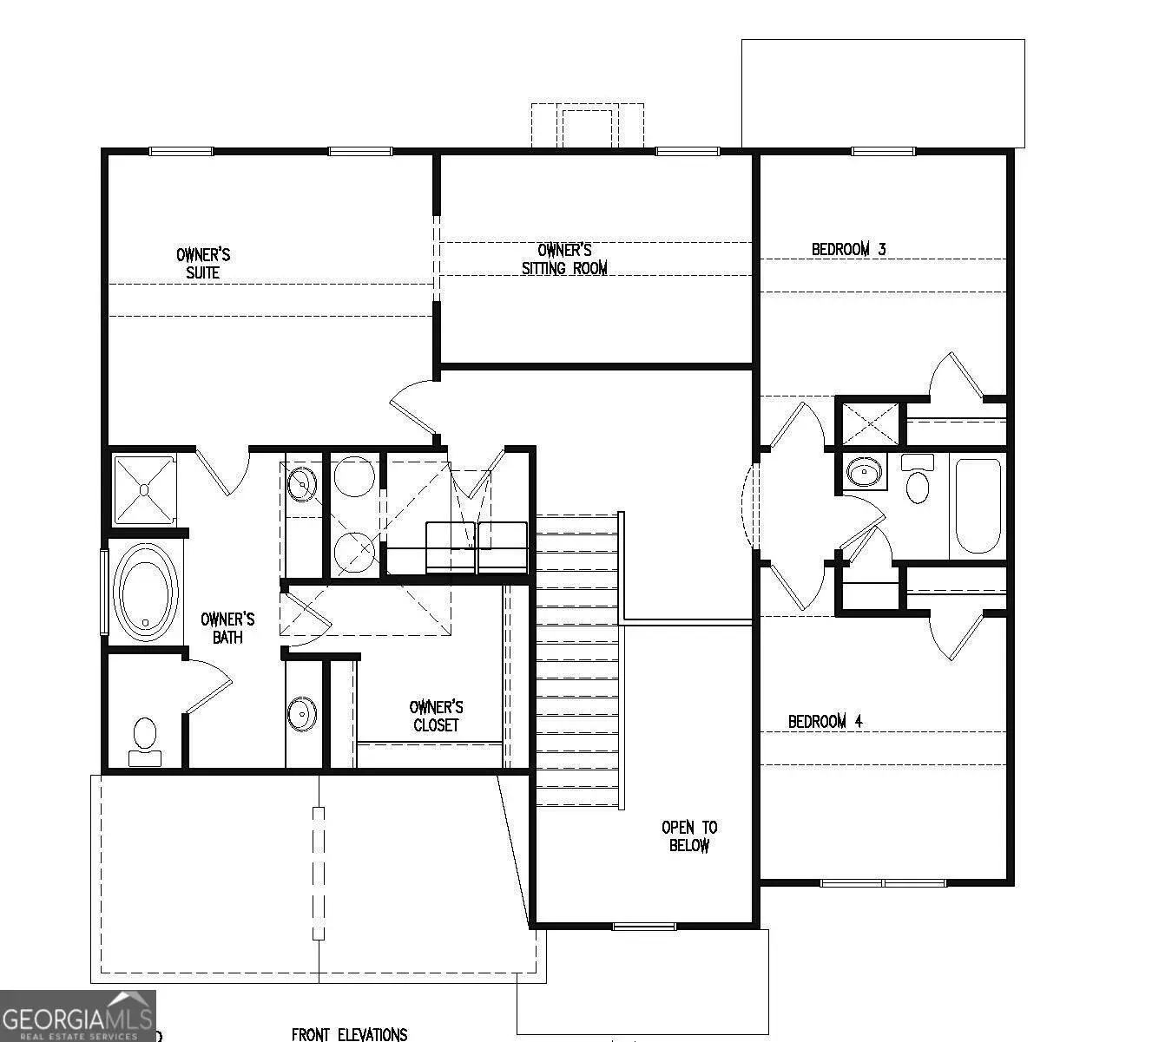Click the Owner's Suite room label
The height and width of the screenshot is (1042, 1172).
coord(203,264)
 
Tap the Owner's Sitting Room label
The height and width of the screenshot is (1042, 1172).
coord(564,259)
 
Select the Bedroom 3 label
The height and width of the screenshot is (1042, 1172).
coord(849,249)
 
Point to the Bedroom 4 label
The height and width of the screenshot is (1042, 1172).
coord(826,721)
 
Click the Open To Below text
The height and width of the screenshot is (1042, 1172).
coord(689,836)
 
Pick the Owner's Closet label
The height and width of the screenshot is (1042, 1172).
coord(436,716)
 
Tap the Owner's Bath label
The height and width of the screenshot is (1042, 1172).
coord(227,628)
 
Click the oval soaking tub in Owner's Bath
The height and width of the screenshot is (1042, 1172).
coord(145,592)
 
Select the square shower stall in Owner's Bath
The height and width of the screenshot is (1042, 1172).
coord(144,490)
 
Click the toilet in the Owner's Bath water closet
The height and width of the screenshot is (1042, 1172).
coord(145,742)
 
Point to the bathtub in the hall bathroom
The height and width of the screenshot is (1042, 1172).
coord(978,506)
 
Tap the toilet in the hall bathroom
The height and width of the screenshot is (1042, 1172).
coord(918,479)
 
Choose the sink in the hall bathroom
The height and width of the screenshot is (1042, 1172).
coord(865,471)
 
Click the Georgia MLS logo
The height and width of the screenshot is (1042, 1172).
coord(78,1016)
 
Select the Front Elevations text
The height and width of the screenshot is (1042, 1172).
coord(349,1034)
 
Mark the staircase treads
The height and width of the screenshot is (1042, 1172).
coord(577,659)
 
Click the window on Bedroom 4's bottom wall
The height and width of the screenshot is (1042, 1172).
coord(883,883)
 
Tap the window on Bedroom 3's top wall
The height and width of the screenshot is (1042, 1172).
coord(883,152)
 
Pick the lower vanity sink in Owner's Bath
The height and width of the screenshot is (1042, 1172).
coord(302,713)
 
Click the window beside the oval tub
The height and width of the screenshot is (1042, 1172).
coord(105,592)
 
